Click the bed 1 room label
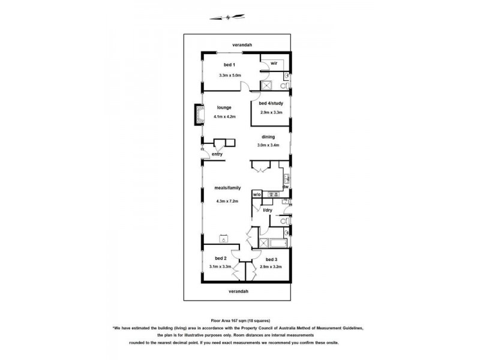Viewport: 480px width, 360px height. pyautogui.click(x=229, y=65)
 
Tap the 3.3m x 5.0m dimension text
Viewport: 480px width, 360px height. pyautogui.click(x=230, y=75)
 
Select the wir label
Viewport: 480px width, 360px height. pyautogui.click(x=274, y=64)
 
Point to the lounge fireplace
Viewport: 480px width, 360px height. pyautogui.click(x=199, y=115)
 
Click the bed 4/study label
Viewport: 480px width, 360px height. pyautogui.click(x=271, y=103)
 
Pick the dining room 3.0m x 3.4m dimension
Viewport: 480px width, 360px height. pyautogui.click(x=268, y=145)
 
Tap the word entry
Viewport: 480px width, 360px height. pyautogui.click(x=217, y=154)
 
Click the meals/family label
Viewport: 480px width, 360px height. pyautogui.click(x=227, y=188)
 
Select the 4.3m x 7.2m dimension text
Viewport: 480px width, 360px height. pyautogui.click(x=227, y=201)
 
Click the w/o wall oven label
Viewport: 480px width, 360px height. pyautogui.click(x=257, y=194)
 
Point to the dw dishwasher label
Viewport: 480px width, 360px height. pyautogui.click(x=286, y=187)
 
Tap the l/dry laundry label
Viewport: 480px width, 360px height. pyautogui.click(x=268, y=210)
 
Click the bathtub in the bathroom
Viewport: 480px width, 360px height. pyautogui.click(x=278, y=243)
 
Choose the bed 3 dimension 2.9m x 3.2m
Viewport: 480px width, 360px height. pyautogui.click(x=271, y=266)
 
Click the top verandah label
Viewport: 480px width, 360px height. pyautogui.click(x=242, y=44)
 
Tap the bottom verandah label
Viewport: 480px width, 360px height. pyautogui.click(x=238, y=292)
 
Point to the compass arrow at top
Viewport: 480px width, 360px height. pyautogui.click(x=227, y=17)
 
